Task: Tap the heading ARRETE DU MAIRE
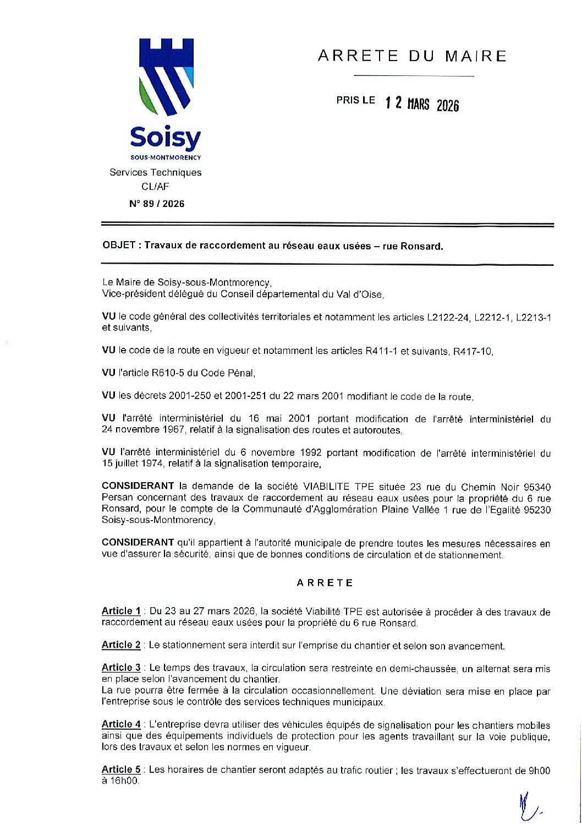point(412,56)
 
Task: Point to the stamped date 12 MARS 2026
point(422,104)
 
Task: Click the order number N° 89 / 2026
point(157,204)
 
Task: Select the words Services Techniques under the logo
point(156,172)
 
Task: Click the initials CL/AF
point(155,187)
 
